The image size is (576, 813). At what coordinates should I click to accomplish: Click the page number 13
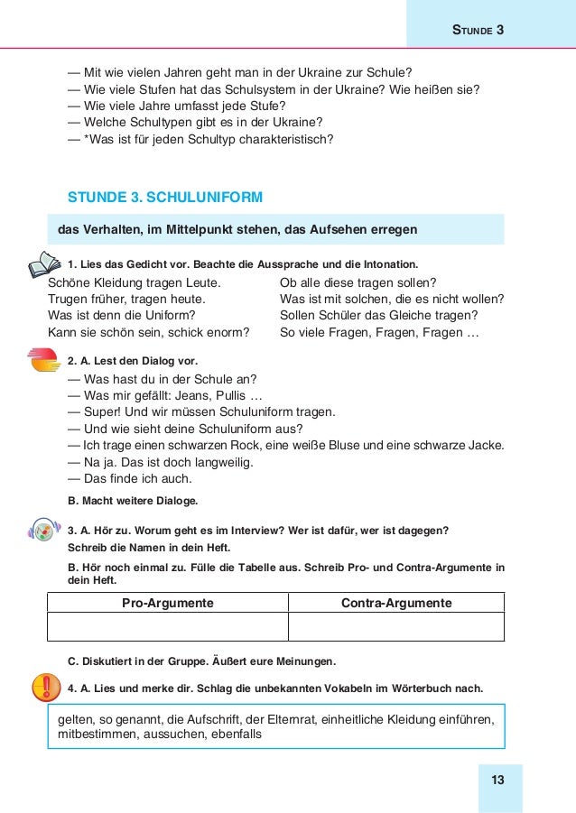tap(497, 781)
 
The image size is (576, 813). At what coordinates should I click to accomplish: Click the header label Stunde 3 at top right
tap(477, 30)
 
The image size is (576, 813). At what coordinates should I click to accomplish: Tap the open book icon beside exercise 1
tap(43, 263)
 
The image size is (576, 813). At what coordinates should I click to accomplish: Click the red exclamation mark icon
tap(43, 688)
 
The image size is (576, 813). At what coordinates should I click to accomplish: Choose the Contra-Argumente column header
tap(395, 603)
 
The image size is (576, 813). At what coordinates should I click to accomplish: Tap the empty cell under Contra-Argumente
tap(395, 627)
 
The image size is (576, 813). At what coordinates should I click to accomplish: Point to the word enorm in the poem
tap(230, 332)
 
